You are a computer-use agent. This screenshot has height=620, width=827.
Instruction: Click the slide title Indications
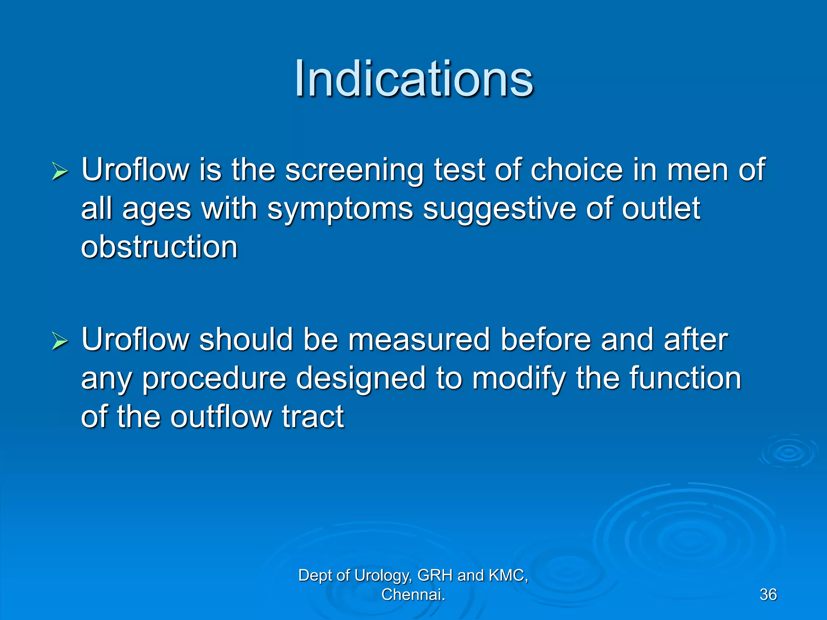point(414,78)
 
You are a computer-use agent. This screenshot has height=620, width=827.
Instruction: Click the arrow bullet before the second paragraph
point(60,341)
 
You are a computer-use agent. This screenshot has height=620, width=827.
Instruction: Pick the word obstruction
point(159,247)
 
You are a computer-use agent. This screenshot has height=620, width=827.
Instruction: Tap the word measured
point(419,340)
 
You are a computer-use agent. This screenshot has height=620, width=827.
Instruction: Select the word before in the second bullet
point(546,340)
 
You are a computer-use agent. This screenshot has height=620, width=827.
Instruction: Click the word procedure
point(214,379)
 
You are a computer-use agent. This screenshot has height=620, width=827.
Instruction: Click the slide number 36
point(768,595)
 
